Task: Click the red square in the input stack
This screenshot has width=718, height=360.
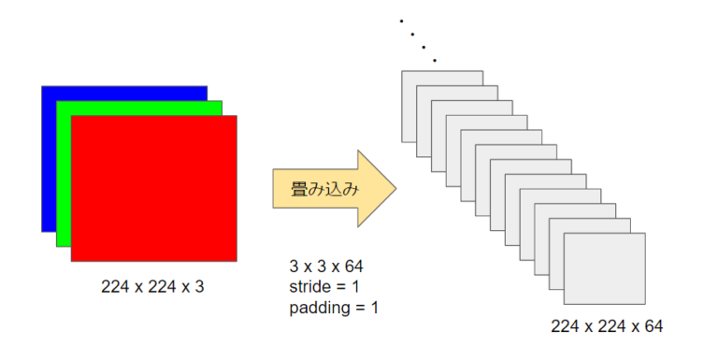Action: (154, 187)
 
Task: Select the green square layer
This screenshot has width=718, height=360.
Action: (64, 168)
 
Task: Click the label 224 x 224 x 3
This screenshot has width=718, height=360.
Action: (152, 286)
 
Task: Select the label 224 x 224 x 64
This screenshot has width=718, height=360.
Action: (607, 325)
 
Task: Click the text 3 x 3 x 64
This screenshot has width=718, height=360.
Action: (326, 267)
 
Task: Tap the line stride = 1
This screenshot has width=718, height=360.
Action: (325, 287)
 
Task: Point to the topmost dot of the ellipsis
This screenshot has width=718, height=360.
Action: (401, 20)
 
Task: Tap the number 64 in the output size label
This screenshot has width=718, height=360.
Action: (653, 325)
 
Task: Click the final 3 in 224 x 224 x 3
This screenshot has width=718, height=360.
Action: (199, 286)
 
